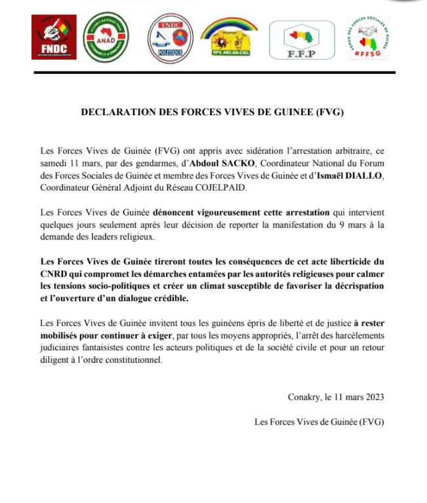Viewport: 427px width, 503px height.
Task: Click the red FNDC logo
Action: pos(54,38)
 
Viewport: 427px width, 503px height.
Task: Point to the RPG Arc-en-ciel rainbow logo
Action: pos(229,37)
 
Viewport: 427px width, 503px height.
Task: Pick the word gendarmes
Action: pos(142,163)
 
